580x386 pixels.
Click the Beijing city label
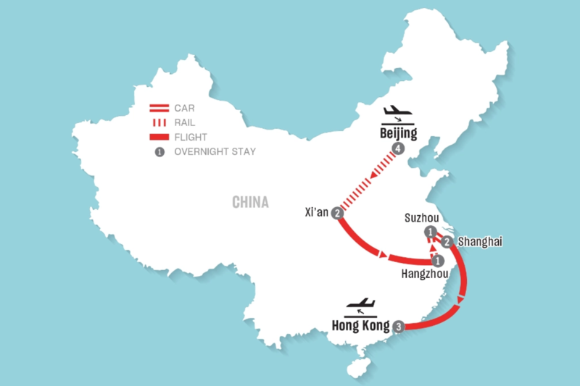click(398, 133)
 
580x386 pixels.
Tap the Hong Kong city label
click(360, 325)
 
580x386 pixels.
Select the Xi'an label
click(317, 212)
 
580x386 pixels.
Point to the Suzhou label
click(422, 218)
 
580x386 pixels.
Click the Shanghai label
click(480, 242)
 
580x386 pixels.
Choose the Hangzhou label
click(425, 274)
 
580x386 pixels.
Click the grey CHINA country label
click(250, 202)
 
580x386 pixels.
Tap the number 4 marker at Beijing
click(398, 148)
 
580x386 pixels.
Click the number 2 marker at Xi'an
click(337, 213)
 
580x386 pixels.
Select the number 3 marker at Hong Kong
click(398, 327)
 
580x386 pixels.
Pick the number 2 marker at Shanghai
click(447, 242)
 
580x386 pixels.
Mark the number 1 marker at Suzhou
click(430, 232)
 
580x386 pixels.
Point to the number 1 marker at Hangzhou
click(438, 261)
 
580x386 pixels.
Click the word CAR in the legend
click(184, 108)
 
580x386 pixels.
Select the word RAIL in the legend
click(185, 122)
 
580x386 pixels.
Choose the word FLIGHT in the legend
click(191, 137)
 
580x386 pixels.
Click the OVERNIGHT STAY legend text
click(215, 151)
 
